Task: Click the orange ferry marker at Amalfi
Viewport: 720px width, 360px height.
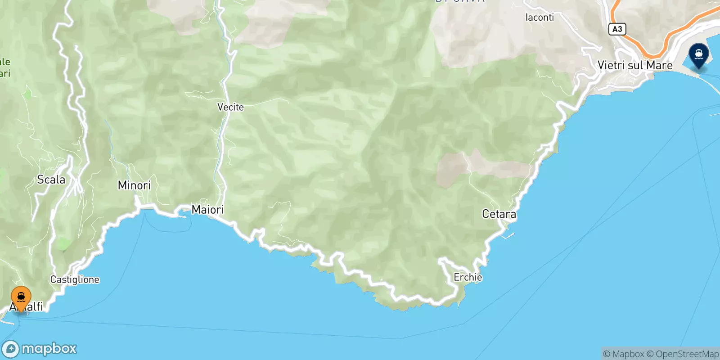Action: coord(21,298)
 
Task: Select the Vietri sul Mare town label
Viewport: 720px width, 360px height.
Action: coord(634,65)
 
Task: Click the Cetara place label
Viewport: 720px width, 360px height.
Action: coord(499,214)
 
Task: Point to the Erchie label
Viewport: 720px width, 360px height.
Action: coord(468,277)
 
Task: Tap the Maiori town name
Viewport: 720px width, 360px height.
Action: coord(207,209)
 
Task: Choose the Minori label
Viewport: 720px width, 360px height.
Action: coord(134,185)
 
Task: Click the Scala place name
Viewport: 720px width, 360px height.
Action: coord(51,180)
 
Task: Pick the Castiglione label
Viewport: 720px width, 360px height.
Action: coord(75,279)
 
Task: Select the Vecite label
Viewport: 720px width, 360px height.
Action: coord(230,107)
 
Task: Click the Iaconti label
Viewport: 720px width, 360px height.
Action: coord(540,18)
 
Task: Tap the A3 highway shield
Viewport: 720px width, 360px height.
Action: coord(617,29)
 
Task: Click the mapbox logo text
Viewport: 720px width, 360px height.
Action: coord(49,349)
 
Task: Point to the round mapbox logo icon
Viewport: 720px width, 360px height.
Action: coord(11,349)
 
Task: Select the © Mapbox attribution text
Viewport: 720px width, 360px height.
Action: coord(624,354)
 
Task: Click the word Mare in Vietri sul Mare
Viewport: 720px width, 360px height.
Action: coord(659,65)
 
